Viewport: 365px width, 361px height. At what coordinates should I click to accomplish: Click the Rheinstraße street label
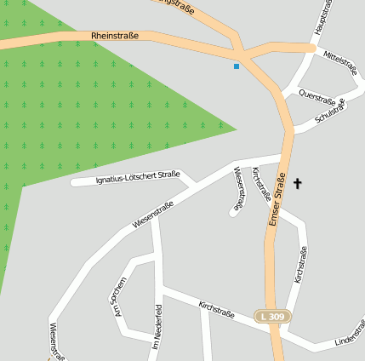pyautogui.click(x=114, y=36)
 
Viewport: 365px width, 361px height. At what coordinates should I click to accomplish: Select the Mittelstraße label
pyautogui.click(x=341, y=63)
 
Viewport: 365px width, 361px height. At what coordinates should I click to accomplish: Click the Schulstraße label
pyautogui.click(x=329, y=110)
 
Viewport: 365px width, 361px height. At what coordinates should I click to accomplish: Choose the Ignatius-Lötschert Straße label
pyautogui.click(x=138, y=177)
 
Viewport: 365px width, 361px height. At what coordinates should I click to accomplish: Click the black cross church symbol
pyautogui.click(x=298, y=183)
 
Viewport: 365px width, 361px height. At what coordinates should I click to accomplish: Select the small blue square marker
pyautogui.click(x=237, y=66)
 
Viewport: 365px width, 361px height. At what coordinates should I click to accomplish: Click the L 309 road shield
pyautogui.click(x=273, y=317)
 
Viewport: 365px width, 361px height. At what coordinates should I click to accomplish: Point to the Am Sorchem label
pyautogui.click(x=118, y=297)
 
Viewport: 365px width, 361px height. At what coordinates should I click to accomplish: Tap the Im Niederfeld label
pyautogui.click(x=157, y=328)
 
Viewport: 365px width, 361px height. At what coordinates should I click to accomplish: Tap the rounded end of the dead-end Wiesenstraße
pyautogui.click(x=233, y=212)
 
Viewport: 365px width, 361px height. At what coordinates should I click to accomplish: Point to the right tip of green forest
pyautogui.click(x=235, y=129)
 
